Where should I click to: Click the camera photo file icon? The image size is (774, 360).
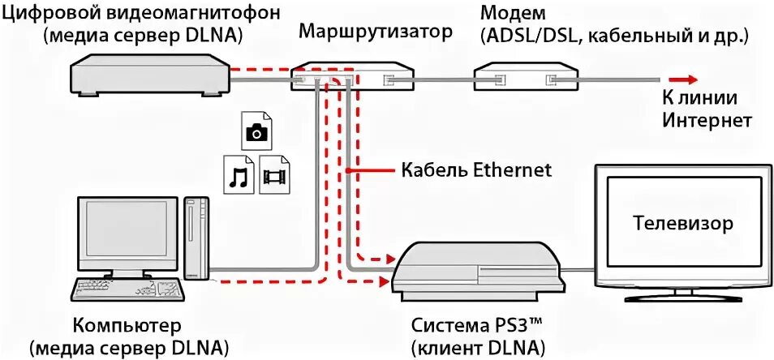coord(257,132)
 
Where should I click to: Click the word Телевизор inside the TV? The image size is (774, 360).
coord(682,222)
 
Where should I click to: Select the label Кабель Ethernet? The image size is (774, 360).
coord(476,170)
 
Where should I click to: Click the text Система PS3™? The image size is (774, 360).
coord(475,326)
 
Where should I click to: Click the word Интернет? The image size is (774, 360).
coord(707,120)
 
